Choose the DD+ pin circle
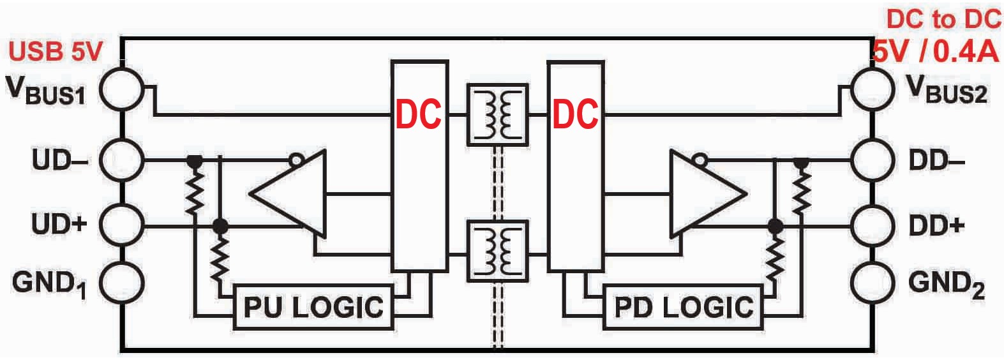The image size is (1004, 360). point(873,225)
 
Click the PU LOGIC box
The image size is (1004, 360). point(313,307)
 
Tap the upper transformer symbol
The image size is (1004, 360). point(498,114)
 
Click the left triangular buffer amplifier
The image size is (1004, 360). point(290,193)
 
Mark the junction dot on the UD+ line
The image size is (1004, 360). point(220,225)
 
